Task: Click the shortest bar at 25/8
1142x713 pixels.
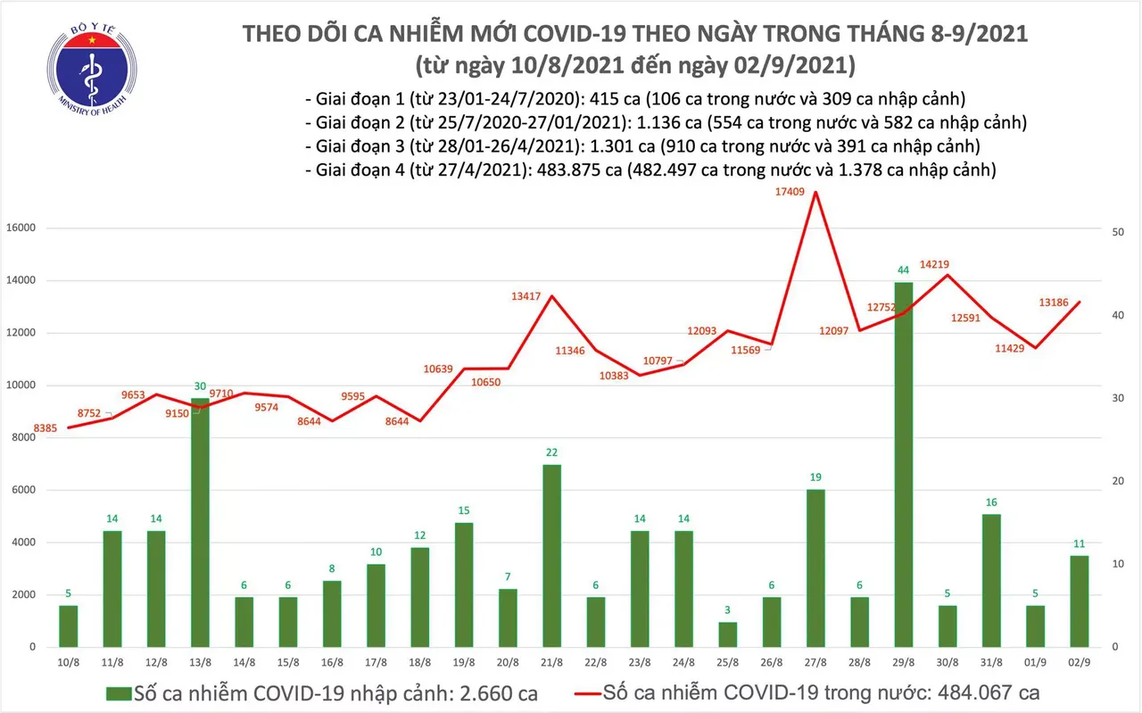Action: pos(728,634)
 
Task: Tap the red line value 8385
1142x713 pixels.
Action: pos(46,429)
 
